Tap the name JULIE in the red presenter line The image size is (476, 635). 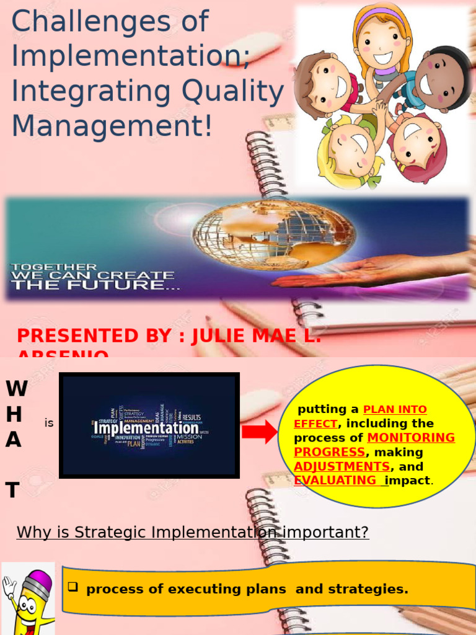coord(223,336)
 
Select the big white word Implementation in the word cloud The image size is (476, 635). coord(146,429)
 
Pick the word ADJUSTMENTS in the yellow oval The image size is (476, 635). coord(342,466)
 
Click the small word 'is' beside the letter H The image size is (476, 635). coord(49,424)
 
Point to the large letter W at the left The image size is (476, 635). coord(16,389)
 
